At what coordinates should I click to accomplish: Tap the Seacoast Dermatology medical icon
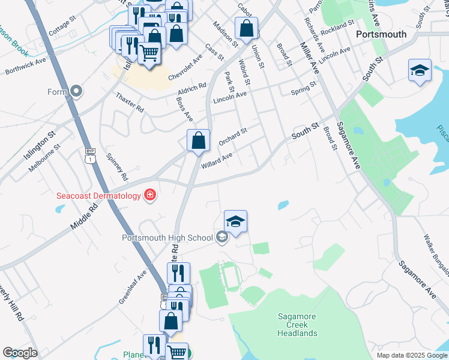click(x=149, y=196)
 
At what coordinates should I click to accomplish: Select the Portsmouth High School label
click(x=167, y=238)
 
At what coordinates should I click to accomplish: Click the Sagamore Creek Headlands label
click(x=297, y=325)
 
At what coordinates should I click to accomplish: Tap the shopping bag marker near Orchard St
click(x=198, y=141)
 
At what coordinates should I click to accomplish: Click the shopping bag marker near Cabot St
click(x=246, y=28)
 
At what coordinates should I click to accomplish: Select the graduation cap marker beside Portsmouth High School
click(x=236, y=221)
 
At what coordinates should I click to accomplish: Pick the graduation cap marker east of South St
click(x=420, y=70)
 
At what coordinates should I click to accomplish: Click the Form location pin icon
click(x=76, y=92)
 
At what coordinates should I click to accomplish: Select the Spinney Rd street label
click(x=117, y=167)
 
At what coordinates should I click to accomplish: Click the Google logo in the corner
click(x=20, y=353)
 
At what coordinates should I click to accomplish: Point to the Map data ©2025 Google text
click(x=412, y=355)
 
